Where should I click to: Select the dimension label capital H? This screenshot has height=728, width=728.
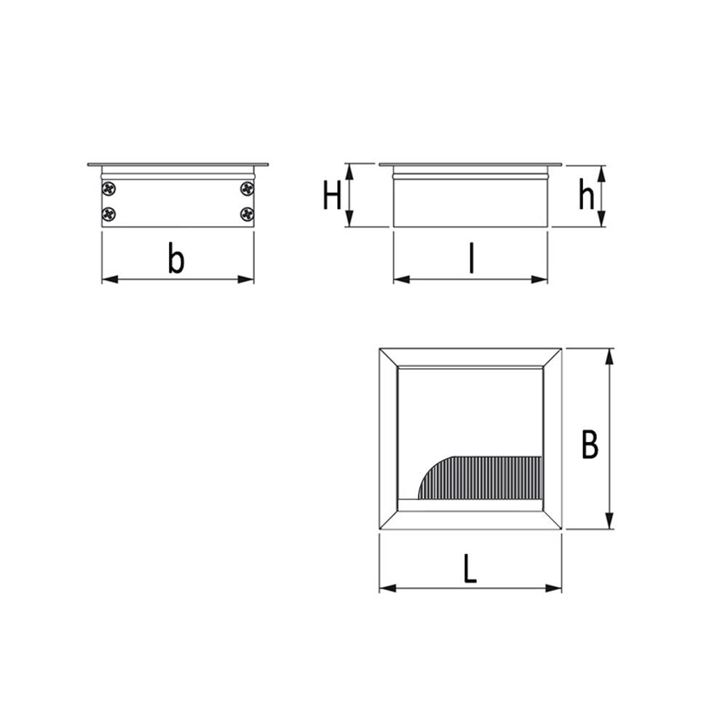[x=333, y=196]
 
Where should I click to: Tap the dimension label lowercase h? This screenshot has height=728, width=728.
[x=586, y=195]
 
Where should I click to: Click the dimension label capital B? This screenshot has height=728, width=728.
[x=590, y=445]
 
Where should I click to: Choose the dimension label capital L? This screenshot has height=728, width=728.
[x=470, y=569]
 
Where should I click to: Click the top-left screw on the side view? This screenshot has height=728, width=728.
[x=109, y=189]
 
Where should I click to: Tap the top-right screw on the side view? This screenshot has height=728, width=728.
[x=247, y=189]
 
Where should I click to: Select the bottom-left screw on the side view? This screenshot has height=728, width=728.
[x=109, y=214]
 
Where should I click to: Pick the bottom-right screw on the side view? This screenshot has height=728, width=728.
[x=247, y=214]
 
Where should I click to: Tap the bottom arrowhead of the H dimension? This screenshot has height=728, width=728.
[x=349, y=220]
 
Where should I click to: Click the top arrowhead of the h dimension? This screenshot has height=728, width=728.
[x=601, y=173]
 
